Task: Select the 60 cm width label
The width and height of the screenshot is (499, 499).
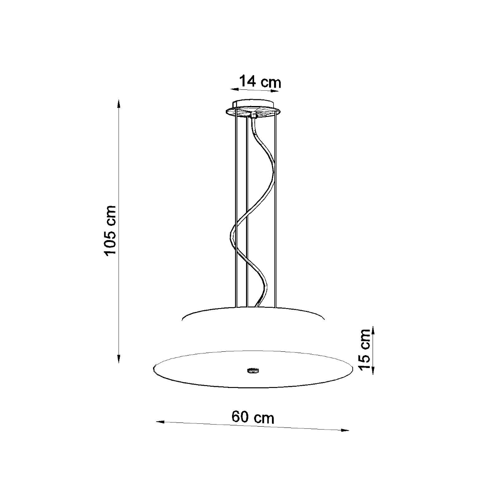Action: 253,417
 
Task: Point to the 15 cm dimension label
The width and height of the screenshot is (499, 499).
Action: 365,349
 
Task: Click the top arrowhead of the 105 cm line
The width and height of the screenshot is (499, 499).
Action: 119,103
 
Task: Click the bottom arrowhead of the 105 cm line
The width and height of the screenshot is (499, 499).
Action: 119,360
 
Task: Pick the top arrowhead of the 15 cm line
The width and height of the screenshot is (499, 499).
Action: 373,330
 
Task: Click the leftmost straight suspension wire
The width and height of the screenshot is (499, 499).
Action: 236,208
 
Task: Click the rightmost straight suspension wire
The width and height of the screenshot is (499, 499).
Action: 276,208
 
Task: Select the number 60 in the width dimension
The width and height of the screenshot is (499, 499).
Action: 240,417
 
